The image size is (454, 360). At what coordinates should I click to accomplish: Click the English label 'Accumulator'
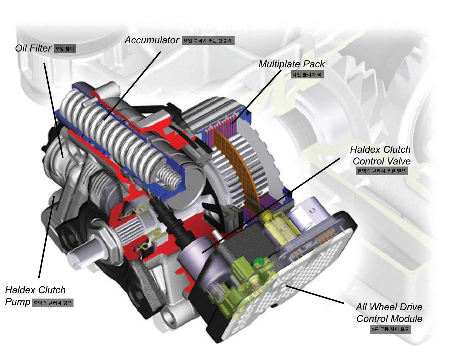[152, 40]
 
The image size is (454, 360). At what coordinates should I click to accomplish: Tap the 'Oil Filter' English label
[33, 48]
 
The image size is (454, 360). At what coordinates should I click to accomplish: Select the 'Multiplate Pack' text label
[291, 64]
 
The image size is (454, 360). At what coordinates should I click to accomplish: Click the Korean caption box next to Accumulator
[208, 41]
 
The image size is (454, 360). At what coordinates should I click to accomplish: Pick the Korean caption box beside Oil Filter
[65, 49]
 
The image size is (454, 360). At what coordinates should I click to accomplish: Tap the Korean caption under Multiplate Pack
[307, 74]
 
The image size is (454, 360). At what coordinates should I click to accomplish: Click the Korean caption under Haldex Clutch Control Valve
[381, 171]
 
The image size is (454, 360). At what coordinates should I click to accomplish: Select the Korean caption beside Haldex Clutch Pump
[53, 303]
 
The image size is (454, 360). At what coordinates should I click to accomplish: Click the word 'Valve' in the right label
[399, 161]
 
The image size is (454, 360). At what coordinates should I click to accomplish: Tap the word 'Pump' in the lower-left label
[18, 302]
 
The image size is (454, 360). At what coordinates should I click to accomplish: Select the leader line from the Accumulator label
[132, 85]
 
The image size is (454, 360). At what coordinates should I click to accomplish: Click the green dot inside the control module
[258, 261]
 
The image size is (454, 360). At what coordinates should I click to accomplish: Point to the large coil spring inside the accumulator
[117, 132]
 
